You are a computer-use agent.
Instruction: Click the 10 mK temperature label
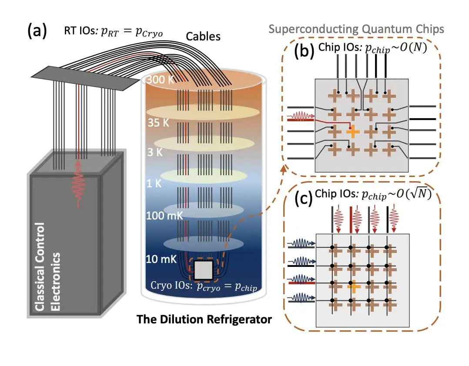coord(161,260)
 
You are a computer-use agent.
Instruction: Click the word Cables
coord(203,37)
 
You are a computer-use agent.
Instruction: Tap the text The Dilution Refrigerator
coord(204,319)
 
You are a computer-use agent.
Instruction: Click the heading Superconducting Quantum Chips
coord(356,29)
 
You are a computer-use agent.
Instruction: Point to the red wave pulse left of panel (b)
coord(299,116)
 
